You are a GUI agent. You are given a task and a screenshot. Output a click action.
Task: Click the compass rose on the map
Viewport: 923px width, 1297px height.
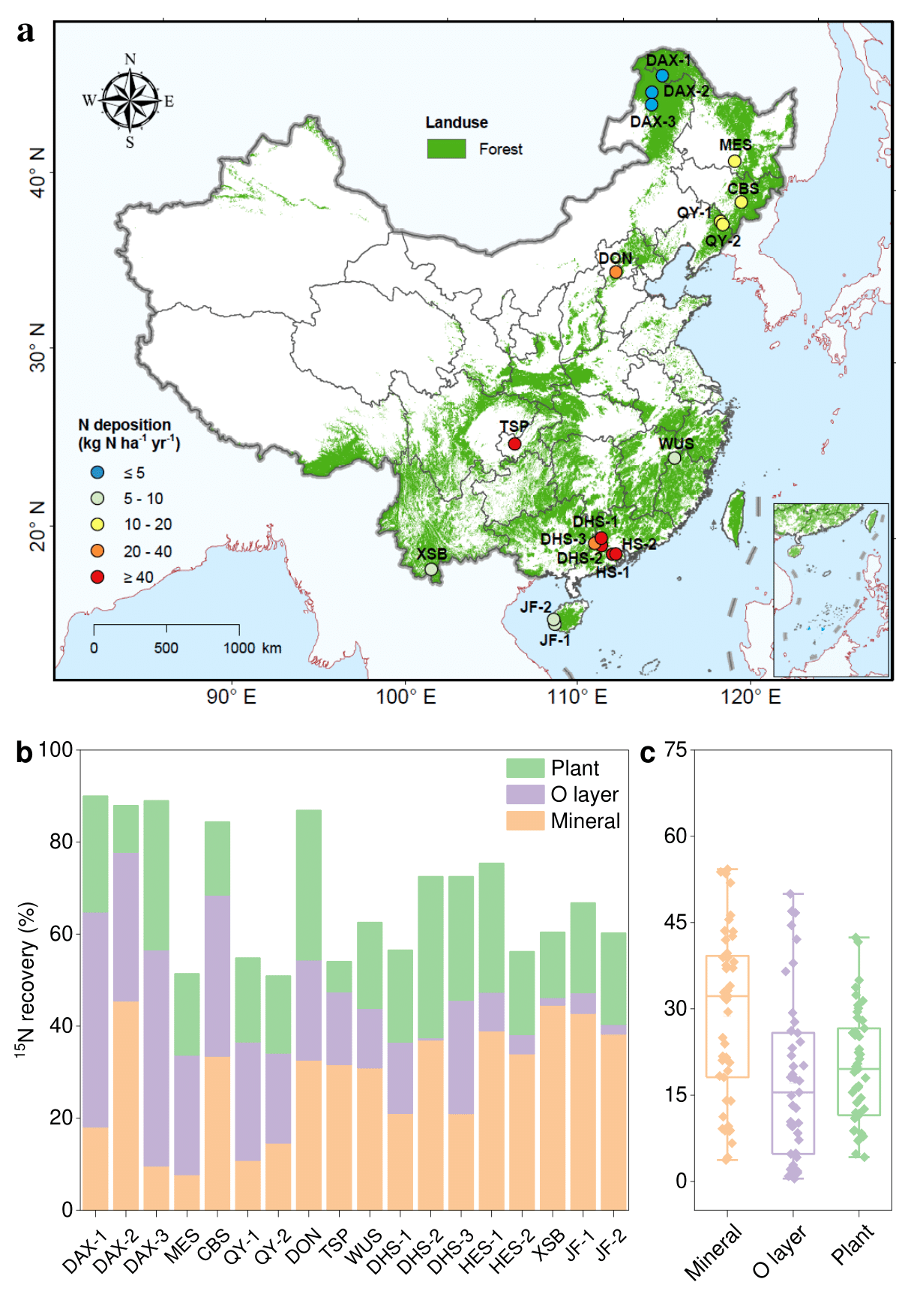[130, 100]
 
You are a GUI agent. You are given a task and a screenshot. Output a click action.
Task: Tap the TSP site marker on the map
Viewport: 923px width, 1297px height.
[514, 443]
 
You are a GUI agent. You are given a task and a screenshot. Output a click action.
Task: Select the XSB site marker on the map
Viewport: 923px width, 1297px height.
[431, 569]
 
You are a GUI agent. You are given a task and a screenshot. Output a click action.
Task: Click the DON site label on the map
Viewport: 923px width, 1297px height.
[615, 258]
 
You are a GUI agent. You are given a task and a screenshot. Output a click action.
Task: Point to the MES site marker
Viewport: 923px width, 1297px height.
[735, 161]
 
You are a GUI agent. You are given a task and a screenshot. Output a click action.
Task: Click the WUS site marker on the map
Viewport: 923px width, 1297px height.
[675, 458]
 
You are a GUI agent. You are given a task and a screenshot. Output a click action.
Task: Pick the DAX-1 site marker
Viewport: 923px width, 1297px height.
[662, 76]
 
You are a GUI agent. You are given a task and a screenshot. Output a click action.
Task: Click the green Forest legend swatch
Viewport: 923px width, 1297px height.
[446, 149]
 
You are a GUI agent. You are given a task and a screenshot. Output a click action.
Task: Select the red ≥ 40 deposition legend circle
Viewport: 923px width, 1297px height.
[97, 577]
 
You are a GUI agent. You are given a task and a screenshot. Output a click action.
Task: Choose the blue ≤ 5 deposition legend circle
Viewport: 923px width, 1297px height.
[97, 473]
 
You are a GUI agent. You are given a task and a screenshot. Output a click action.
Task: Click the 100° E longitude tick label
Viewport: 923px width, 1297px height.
[406, 697]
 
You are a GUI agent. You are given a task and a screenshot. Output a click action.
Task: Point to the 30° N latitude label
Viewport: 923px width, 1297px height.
[37, 347]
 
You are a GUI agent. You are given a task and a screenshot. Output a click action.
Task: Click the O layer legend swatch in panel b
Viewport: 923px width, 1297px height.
[525, 794]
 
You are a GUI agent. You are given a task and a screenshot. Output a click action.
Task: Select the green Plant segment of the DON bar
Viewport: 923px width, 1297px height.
[309, 885]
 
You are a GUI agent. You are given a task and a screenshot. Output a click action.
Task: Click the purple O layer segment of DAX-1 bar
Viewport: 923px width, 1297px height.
[95, 1020]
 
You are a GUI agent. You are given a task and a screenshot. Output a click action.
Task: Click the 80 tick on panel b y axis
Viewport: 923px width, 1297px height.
[61, 842]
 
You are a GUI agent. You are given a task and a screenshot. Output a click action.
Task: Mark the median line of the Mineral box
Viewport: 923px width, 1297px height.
[727, 995]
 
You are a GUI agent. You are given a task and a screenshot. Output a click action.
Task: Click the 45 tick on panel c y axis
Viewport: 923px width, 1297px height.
[676, 922]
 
